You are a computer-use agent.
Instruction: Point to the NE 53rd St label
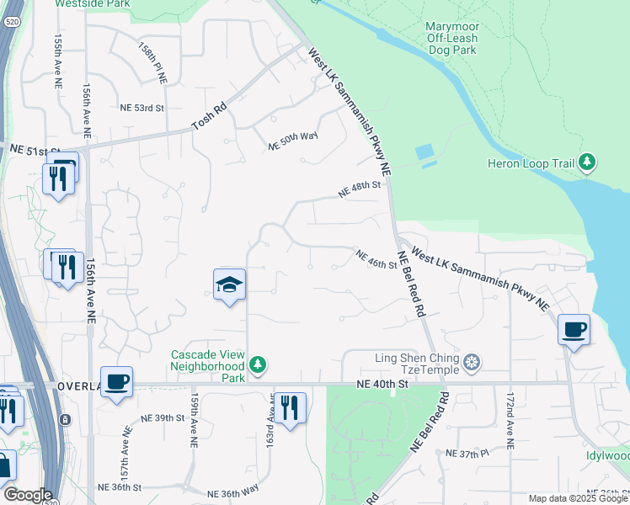pos(141,109)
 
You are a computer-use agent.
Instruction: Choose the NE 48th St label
pos(360,191)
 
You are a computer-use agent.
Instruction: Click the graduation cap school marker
pos(229,285)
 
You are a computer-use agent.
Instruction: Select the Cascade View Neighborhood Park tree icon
pos(258,365)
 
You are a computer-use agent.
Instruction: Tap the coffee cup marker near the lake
pos(574,329)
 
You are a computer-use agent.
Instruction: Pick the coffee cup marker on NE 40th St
pos(116,381)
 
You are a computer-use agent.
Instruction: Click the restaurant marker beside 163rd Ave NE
pos(290,408)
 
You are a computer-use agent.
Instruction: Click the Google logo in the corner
pos(27,495)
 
